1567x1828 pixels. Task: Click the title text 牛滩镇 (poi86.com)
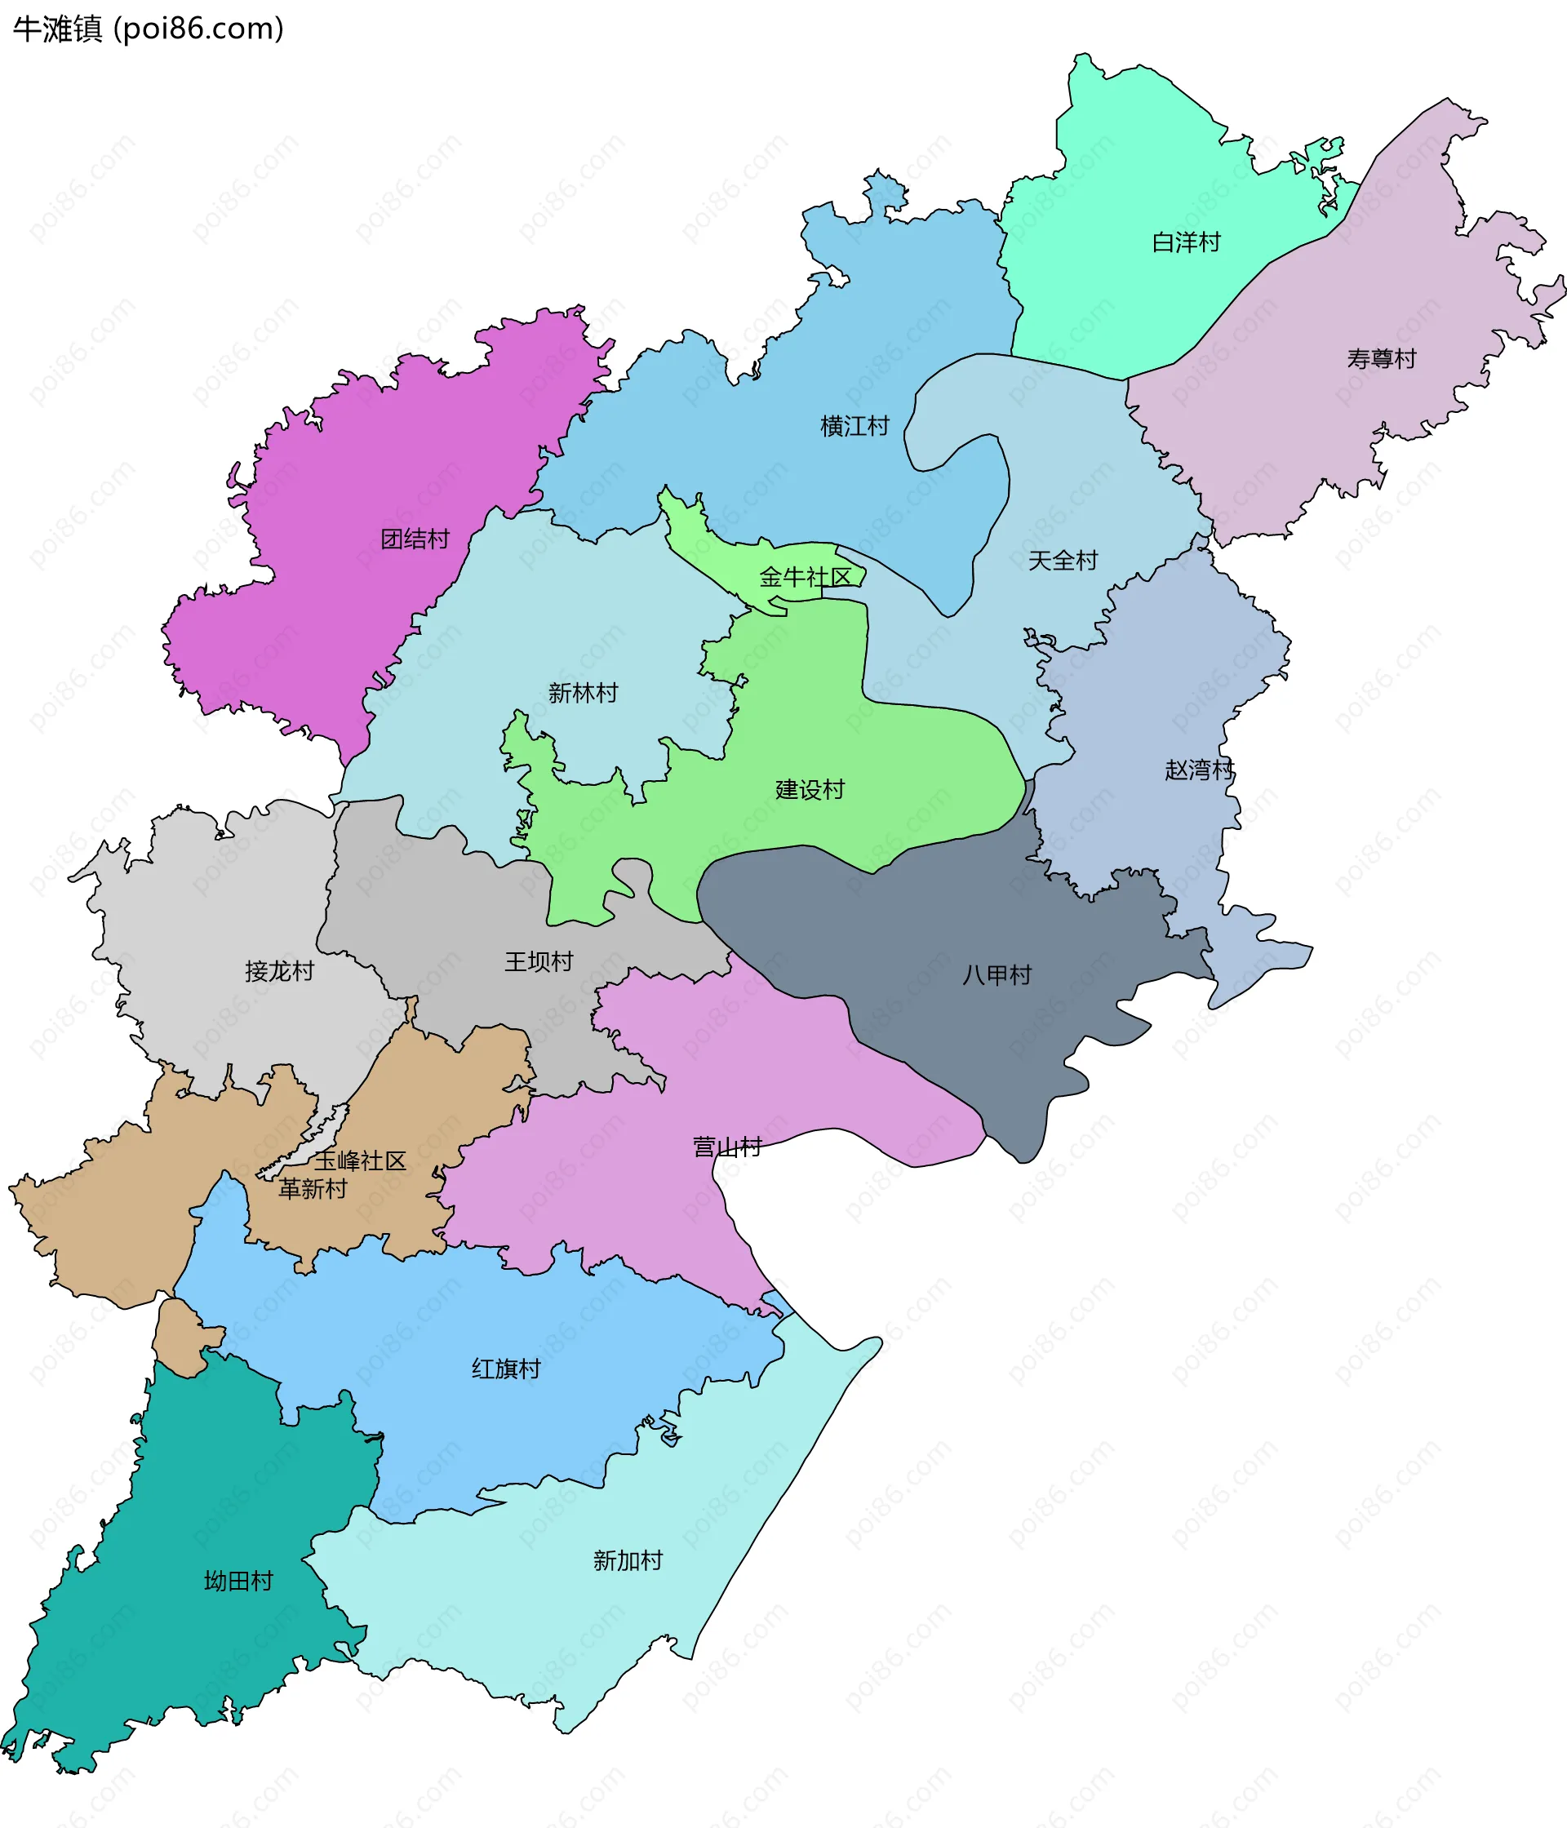[149, 29]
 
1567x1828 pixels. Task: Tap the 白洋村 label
[1186, 242]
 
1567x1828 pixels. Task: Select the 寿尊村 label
[1381, 358]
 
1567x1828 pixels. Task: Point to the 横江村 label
[854, 426]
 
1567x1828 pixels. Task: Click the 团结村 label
[415, 539]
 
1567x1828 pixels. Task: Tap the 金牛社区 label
[805, 577]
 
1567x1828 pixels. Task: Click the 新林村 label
[583, 693]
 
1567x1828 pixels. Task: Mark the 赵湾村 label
[1199, 770]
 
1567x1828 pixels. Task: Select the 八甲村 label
[997, 975]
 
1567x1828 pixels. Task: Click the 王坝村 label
[538, 961]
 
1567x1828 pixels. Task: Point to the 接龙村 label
[279, 970]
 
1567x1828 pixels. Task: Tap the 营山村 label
[727, 1147]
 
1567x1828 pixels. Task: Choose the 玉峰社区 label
[360, 1161]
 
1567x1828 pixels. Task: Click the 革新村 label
[313, 1188]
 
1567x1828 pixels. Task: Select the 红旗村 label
[505, 1369]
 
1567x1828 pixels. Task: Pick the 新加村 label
[628, 1560]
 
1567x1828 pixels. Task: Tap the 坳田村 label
[238, 1580]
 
